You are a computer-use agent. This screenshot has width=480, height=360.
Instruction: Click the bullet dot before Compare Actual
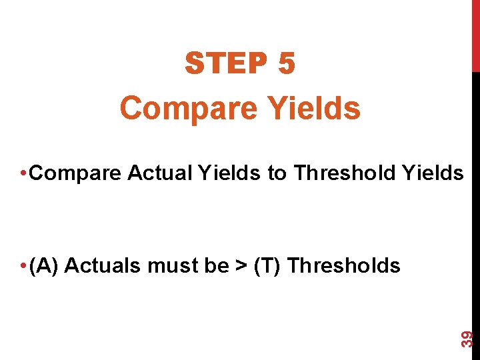pyautogui.click(x=23, y=174)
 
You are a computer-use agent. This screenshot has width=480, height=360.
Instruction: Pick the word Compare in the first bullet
pyautogui.click(x=75, y=173)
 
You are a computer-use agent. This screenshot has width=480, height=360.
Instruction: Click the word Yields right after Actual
pyautogui.click(x=229, y=173)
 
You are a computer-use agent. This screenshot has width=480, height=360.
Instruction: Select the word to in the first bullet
pyautogui.click(x=277, y=173)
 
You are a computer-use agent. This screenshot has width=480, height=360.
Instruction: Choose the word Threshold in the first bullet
pyautogui.click(x=345, y=173)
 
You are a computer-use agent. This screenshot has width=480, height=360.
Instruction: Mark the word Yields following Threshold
pyautogui.click(x=433, y=173)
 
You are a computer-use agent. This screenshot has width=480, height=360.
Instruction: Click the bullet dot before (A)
pyautogui.click(x=23, y=267)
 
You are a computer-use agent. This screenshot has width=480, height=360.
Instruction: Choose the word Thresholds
pyautogui.click(x=345, y=266)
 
